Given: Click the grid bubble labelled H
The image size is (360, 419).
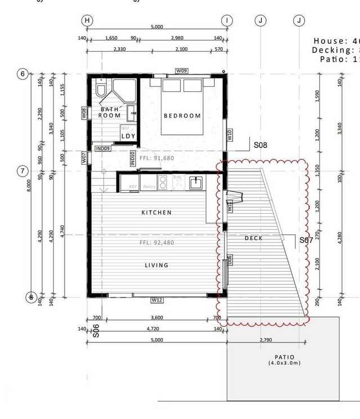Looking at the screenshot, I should [87, 20].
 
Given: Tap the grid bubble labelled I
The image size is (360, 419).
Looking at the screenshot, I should [227, 20].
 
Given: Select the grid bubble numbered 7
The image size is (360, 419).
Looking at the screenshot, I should [23, 171].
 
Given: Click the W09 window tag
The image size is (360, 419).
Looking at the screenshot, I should [181, 71].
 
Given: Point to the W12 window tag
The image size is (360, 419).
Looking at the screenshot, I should [157, 300].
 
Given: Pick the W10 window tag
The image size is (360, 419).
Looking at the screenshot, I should [229, 135].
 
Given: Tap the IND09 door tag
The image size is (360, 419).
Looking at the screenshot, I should [102, 148].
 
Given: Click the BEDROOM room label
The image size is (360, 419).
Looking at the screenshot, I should [182, 116].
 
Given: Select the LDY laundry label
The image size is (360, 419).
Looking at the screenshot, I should [128, 136].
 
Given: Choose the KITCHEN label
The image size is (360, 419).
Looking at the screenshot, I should [156, 213].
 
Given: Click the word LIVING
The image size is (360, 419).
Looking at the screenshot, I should [156, 265].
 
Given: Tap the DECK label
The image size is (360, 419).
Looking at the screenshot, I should [254, 238].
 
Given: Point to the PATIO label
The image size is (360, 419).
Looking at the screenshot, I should [284, 357].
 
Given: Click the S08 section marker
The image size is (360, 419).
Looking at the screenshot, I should [260, 145].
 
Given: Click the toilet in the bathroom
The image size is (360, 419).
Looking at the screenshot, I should [101, 89].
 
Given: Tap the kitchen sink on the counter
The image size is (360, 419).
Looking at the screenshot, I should [196, 182].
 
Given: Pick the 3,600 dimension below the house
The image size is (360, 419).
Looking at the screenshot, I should [157, 318].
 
